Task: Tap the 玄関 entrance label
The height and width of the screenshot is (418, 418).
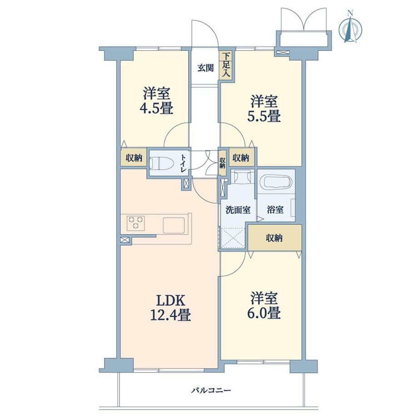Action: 205,68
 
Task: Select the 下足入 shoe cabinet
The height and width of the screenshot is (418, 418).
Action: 226,65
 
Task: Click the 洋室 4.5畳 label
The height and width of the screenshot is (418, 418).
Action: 157,100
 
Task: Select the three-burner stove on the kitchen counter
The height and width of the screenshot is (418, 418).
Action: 136,223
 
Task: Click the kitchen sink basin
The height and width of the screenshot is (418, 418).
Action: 174,225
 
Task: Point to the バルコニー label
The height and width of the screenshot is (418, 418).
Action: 211,391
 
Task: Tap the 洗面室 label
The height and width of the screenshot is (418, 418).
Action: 238,210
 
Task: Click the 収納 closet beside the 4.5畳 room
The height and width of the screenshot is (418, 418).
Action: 134,158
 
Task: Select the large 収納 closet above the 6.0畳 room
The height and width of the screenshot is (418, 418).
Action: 275,238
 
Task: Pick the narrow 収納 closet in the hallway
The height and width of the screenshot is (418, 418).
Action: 222,163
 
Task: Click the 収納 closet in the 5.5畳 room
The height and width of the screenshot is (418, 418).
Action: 241,158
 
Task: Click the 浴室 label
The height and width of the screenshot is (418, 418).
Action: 275,210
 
